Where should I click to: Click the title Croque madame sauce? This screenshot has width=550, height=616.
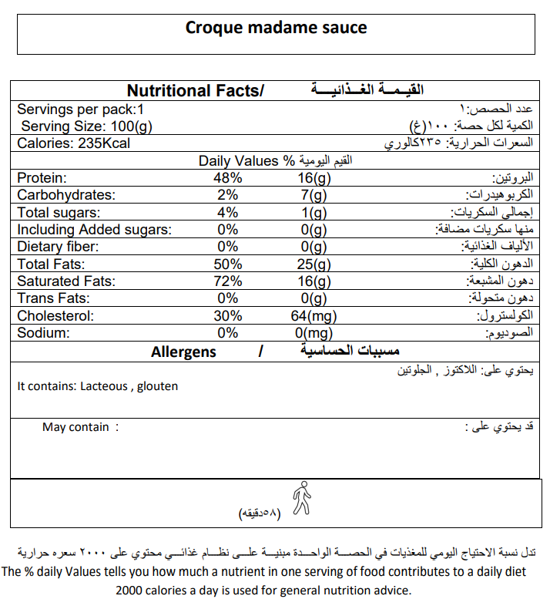coord(276,29)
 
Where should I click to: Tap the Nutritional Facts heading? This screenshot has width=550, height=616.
coord(195,91)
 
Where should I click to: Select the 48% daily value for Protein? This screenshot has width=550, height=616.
coord(229,178)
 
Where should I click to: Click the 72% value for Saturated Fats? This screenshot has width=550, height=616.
coord(229,281)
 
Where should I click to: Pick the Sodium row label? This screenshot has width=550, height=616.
coord(44,333)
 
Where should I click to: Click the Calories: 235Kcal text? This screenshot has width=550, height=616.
coord(74,144)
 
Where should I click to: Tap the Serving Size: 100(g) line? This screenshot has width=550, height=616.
coord(87,126)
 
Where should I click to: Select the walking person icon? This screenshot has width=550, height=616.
coord(303,497)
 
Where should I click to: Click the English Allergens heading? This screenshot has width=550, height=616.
coord(183,352)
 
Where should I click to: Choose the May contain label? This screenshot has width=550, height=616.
coord(75,427)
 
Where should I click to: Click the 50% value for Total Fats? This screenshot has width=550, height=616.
coord(229,264)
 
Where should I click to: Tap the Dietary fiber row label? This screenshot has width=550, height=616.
coord(59,247)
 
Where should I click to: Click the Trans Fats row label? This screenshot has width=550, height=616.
coord(53,298)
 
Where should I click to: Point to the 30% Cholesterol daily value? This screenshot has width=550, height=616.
coord(229,316)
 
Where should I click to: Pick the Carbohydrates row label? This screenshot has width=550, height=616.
coord(65,195)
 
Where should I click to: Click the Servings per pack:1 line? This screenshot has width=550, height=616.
coord(81,109)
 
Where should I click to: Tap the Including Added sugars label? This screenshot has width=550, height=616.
coord(94,230)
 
